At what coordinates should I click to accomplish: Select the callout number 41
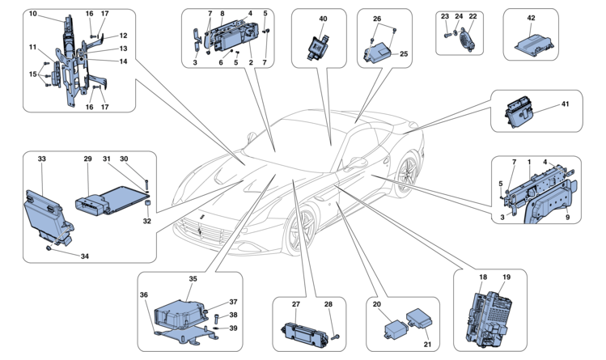click(x=566, y=105)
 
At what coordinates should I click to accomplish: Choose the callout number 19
click(x=506, y=278)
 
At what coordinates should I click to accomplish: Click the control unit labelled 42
click(x=530, y=44)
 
